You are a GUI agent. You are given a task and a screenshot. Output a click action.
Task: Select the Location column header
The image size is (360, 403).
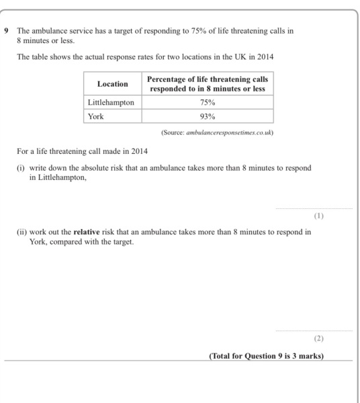112,84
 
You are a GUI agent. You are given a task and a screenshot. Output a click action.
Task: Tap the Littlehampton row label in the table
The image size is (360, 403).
111,102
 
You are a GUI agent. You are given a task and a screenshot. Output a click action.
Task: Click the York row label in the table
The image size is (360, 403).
96,116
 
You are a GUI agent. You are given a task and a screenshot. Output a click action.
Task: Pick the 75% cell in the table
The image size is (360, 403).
209,102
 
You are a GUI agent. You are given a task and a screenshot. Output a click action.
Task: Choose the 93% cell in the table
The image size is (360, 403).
209,116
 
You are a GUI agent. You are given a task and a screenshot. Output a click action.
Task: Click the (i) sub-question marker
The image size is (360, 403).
21,168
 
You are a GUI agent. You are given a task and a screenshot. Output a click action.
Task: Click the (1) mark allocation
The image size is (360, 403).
318,216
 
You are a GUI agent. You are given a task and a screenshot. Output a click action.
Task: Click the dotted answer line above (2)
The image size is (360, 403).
313,330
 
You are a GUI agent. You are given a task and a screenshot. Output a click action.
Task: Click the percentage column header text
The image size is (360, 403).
209,84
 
